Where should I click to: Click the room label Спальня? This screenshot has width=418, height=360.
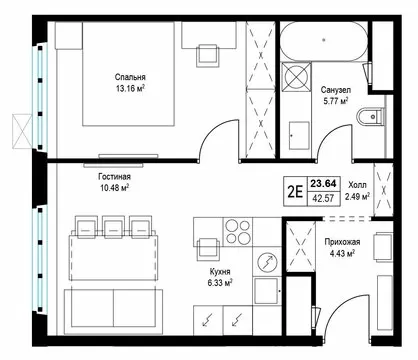point(130,77)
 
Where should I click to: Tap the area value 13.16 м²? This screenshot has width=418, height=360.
point(130,89)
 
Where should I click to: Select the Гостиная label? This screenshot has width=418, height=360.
point(114,177)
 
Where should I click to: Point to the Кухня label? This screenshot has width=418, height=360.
point(220,272)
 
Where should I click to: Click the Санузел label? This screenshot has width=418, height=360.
point(336,90)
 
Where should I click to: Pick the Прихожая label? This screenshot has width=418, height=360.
point(342,242)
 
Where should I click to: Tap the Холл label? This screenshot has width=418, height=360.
point(357,185)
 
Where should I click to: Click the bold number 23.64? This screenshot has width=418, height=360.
point(324,183)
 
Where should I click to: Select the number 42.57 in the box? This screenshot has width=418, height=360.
point(323,198)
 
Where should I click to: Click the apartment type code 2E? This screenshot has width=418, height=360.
point(295,192)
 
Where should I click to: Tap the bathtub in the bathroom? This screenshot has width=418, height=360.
point(324,41)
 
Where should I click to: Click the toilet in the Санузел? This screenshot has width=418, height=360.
point(370,116)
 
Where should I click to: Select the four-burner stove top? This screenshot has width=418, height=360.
point(238,232)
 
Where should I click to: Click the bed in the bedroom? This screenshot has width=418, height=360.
point(129,74)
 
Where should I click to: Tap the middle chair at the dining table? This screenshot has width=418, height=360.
point(114,227)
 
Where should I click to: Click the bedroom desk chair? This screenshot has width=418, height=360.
point(208,55)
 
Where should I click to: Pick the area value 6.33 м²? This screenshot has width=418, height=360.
point(220,283)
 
